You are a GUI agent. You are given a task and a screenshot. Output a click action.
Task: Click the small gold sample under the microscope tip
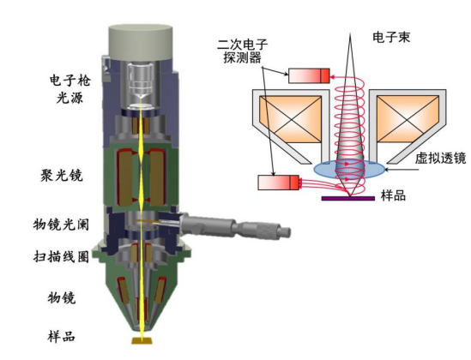[x=139, y=342]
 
